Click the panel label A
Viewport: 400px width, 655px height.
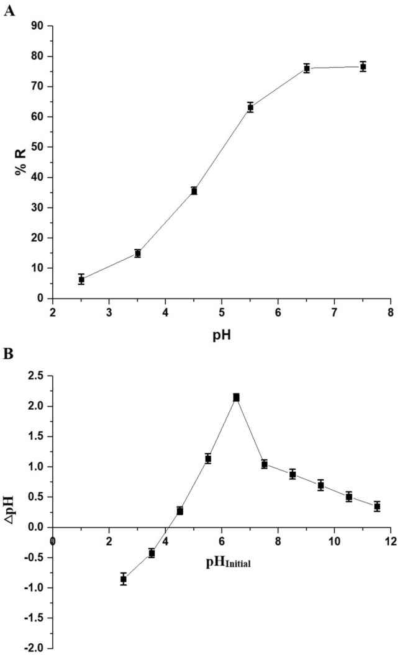[9, 12]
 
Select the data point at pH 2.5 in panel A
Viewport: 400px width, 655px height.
[81, 279]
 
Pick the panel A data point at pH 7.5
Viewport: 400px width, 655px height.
[363, 66]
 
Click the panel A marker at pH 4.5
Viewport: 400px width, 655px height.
[194, 191]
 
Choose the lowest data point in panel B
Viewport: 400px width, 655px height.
[124, 579]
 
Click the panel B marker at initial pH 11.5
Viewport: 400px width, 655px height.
[377, 507]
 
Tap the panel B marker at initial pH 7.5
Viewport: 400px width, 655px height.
[265, 464]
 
